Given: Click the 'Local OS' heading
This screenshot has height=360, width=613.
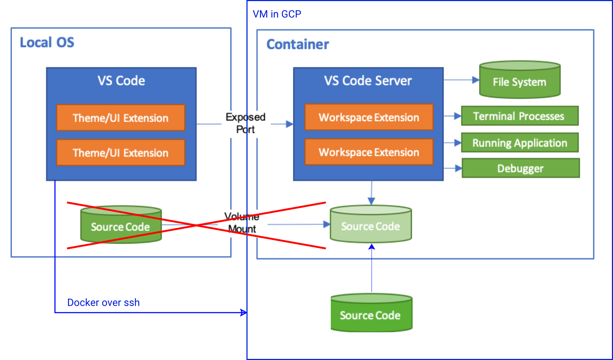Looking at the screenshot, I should pos(47,42).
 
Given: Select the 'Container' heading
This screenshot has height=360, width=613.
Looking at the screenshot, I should pos(298,44).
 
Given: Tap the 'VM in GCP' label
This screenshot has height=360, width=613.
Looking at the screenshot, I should pos(277,14).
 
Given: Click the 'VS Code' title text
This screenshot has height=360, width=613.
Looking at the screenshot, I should pos(121,81).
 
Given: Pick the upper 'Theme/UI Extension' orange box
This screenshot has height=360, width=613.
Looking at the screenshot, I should pos(120,118).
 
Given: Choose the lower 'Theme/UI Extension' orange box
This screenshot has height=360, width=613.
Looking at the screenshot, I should pos(120,152).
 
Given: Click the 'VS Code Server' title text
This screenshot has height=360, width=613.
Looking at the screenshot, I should pos(368,81).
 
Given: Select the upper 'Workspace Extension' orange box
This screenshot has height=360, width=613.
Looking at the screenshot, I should pos(369,117).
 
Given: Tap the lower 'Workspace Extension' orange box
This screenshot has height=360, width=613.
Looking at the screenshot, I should pos(369,152).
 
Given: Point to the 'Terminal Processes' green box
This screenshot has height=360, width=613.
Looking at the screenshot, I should pos(520,116).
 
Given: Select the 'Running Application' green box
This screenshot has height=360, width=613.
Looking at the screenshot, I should pos(520,143).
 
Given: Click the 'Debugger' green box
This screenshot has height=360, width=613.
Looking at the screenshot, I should pos(521,168).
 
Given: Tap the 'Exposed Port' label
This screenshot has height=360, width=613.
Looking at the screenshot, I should pos(245,123).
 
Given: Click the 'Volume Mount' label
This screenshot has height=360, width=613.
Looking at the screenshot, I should pos(242,223).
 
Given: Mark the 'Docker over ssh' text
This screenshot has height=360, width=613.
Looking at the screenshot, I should pos(103,303).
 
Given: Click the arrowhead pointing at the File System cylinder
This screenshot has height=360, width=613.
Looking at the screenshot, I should pos(476,80).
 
